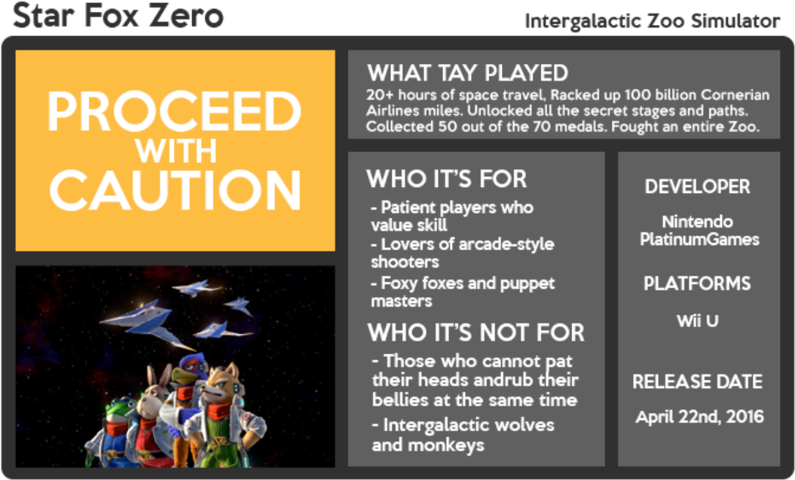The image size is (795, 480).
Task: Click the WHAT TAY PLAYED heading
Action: coord(467,73)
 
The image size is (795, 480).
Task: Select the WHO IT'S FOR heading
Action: coord(446,179)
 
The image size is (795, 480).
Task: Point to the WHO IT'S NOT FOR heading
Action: coord(475,332)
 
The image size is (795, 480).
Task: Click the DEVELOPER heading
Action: coord(697,186)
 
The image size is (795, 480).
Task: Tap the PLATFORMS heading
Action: coord(697,283)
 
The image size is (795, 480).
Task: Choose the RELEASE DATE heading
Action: coord(697,381)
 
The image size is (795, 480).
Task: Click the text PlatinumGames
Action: coord(699,240)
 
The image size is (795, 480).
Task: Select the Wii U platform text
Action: coord(697,320)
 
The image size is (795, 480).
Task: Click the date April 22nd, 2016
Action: coord(699,416)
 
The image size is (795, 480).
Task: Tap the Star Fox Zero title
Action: coord(118,15)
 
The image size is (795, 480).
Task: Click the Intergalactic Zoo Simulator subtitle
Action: coord(652,22)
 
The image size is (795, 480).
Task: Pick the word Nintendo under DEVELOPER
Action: coord(697,222)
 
